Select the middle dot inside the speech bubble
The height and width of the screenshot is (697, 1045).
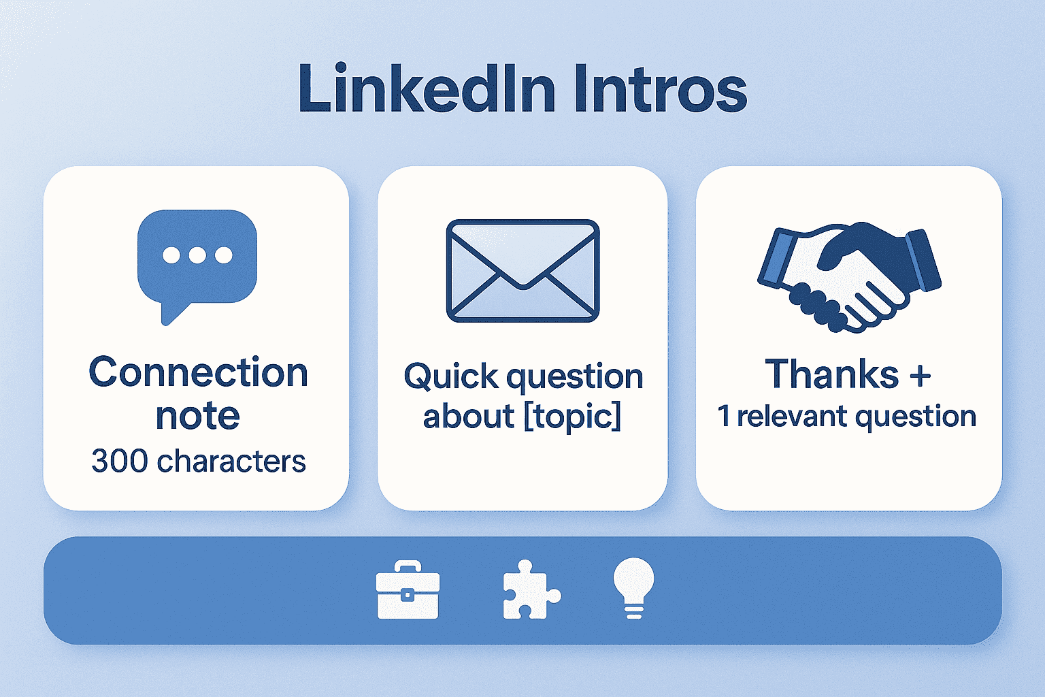point(197,255)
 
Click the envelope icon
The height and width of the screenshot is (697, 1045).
point(522,270)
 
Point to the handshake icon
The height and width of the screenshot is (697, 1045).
point(848,276)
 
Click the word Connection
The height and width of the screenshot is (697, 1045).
point(198,372)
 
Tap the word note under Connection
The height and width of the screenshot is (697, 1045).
point(197,415)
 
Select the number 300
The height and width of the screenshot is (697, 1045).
point(120,461)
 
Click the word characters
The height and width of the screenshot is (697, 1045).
point(231,461)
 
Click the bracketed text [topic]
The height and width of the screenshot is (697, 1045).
point(572,416)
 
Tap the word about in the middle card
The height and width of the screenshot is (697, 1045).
point(468,416)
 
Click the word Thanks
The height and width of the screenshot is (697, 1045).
point(831,374)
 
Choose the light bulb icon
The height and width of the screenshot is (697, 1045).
point(633,587)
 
